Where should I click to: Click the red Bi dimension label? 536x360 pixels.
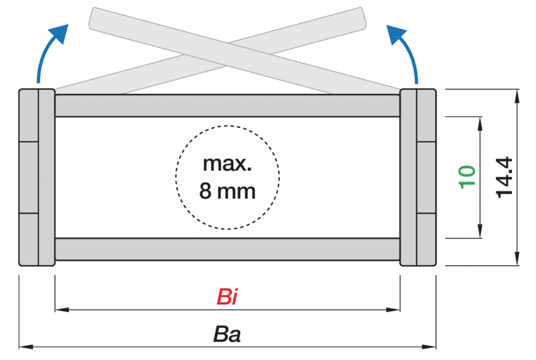(x=227, y=297)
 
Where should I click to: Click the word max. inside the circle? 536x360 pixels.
(x=227, y=164)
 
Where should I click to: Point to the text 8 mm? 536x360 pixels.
(x=227, y=191)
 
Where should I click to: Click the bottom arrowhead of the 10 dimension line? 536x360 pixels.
(x=480, y=233)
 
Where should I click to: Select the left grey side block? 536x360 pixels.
(x=37, y=177)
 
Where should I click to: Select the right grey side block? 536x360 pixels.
(x=418, y=177)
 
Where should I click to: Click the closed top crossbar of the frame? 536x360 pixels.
(x=227, y=106)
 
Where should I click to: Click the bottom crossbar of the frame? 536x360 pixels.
(x=227, y=249)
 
